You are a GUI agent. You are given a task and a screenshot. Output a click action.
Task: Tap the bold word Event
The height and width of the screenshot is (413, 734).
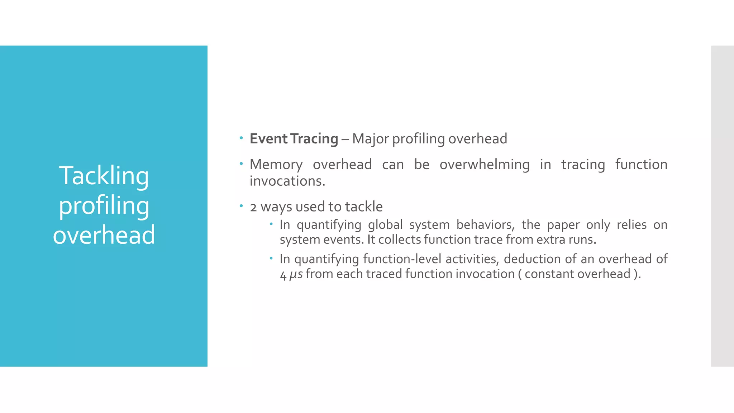[268, 139]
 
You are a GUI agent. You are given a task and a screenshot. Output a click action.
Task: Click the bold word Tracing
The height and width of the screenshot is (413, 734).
[314, 139]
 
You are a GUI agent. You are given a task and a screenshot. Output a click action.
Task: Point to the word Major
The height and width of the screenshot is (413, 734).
[370, 139]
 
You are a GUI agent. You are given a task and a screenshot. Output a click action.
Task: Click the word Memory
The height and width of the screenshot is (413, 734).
[276, 165]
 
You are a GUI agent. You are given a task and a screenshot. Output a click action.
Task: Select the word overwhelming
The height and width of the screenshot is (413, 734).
[485, 165]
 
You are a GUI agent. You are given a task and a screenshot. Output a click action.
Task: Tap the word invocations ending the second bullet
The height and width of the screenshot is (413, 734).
[287, 181]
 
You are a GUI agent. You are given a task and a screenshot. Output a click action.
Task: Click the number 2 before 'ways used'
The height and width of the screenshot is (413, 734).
[253, 207]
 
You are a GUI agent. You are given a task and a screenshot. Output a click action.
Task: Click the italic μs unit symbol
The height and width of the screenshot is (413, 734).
[296, 274]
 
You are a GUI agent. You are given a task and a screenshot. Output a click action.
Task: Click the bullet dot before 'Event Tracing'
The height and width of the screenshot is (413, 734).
[241, 138]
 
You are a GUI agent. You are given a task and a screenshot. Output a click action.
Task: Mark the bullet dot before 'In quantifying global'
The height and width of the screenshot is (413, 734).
[271, 224]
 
